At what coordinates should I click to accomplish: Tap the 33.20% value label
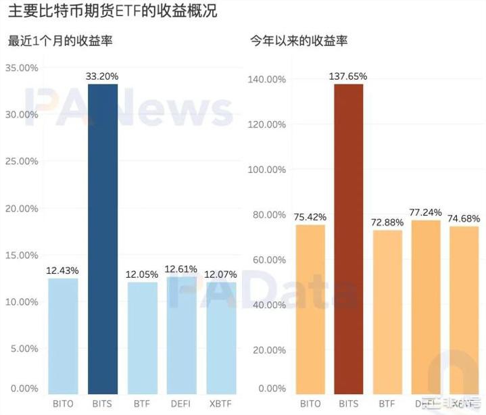click(x=102, y=76)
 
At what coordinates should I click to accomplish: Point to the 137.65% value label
click(x=349, y=76)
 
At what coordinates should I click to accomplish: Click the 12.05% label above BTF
click(x=142, y=274)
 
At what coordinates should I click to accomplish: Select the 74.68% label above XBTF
click(x=464, y=218)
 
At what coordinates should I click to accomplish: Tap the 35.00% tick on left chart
click(x=22, y=68)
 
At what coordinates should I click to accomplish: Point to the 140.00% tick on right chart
click(x=268, y=79)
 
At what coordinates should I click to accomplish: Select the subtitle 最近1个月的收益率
click(x=60, y=41)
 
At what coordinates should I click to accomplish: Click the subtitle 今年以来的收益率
click(x=299, y=41)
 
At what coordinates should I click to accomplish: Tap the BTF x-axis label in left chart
click(x=142, y=404)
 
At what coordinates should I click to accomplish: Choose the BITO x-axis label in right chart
click(x=310, y=404)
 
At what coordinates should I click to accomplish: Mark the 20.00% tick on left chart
click(x=22, y=208)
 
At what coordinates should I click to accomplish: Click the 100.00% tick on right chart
click(x=268, y=170)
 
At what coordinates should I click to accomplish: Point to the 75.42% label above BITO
click(x=310, y=217)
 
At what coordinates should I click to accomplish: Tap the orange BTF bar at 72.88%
click(x=388, y=312)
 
